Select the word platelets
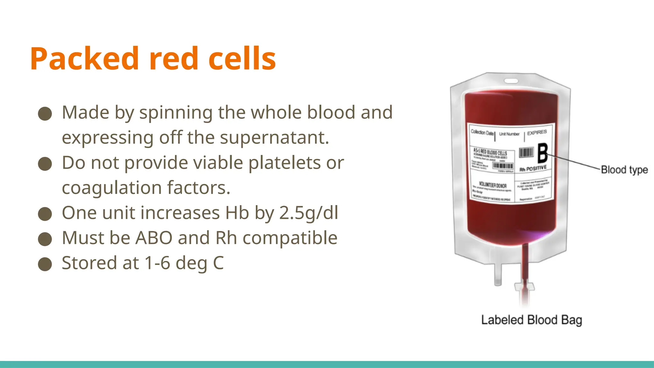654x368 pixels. tap(284, 163)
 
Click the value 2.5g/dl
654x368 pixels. tap(308, 213)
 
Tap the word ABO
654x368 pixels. tap(154, 238)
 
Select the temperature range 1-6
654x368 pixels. tap(157, 263)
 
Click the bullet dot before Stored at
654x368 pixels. tap(45, 264)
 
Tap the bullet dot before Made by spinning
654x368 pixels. tap(45, 114)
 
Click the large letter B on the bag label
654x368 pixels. tap(543, 153)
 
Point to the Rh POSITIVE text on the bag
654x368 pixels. tap(533, 168)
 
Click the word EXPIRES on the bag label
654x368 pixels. tap(537, 132)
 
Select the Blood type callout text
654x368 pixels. tap(624, 170)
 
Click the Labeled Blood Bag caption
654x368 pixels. tap(531, 320)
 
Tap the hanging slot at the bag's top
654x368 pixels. tap(511, 80)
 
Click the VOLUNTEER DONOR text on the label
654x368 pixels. tap(493, 185)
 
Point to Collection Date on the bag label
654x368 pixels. tap(482, 133)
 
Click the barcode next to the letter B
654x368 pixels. tap(526, 152)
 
